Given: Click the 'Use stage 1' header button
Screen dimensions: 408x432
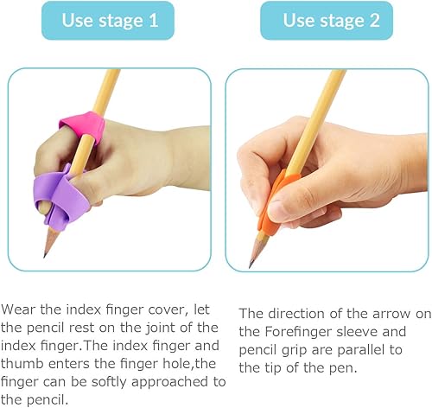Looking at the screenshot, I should click(x=109, y=21).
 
